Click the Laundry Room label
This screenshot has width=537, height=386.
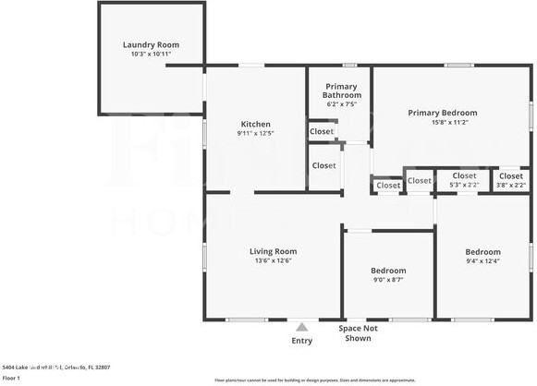click(x=151, y=44)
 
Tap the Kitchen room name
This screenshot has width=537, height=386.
click(x=256, y=124)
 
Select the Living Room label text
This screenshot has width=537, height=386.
click(x=273, y=250)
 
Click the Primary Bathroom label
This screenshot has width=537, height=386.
click(x=341, y=90)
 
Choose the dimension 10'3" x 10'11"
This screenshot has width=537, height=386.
click(x=151, y=54)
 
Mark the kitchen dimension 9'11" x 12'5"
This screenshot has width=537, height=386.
click(x=256, y=134)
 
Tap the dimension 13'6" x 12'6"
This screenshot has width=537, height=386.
click(x=273, y=260)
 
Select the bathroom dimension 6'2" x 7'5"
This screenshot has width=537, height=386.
click(x=341, y=104)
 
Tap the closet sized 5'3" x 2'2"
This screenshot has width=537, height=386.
click(x=464, y=180)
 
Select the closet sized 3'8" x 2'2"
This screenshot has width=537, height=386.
click(x=510, y=180)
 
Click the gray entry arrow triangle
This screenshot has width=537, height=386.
click(x=301, y=326)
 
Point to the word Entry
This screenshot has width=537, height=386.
click(x=301, y=341)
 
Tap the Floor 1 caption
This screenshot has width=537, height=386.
click(x=12, y=378)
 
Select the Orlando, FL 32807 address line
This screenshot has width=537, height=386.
click(x=56, y=367)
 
